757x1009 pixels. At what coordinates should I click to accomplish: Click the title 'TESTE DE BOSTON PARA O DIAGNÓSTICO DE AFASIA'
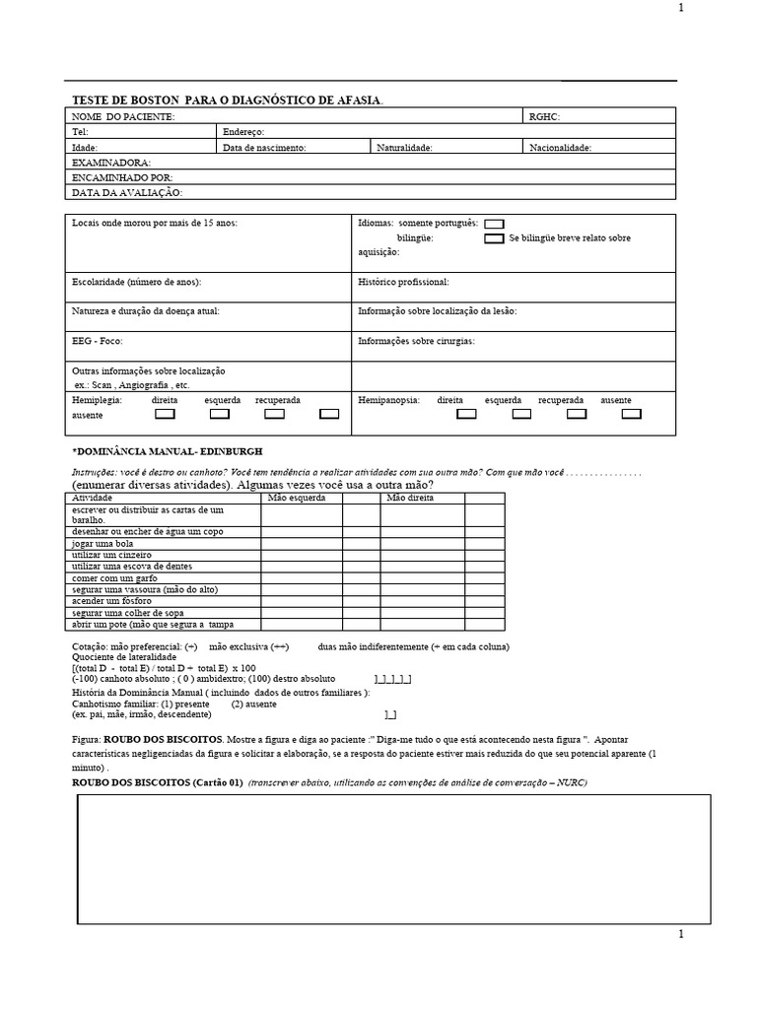[228, 101]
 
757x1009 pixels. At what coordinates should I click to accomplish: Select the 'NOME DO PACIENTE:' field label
[123, 117]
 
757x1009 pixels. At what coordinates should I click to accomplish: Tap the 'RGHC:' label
[544, 117]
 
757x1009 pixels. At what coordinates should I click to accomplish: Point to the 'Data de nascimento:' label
[264, 148]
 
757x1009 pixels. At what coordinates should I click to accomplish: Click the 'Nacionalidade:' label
[560, 148]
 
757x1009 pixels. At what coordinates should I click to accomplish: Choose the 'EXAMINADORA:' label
[111, 162]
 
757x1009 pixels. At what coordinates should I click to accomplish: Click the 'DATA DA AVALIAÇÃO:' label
[127, 193]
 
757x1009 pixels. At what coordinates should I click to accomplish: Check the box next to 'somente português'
[494, 225]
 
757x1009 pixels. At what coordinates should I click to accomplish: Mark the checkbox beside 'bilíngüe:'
[494, 238]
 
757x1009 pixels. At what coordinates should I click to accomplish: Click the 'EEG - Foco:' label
[97, 341]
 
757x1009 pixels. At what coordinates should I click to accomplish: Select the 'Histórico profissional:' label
[403, 282]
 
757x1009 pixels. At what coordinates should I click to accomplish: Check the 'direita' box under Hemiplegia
[166, 414]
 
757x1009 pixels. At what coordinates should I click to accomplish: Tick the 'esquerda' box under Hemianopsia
[521, 414]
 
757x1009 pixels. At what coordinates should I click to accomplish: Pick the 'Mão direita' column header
[410, 498]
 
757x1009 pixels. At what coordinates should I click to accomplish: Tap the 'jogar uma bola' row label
[103, 544]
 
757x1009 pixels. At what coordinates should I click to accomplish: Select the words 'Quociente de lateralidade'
[124, 656]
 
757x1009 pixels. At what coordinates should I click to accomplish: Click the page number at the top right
[680, 8]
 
